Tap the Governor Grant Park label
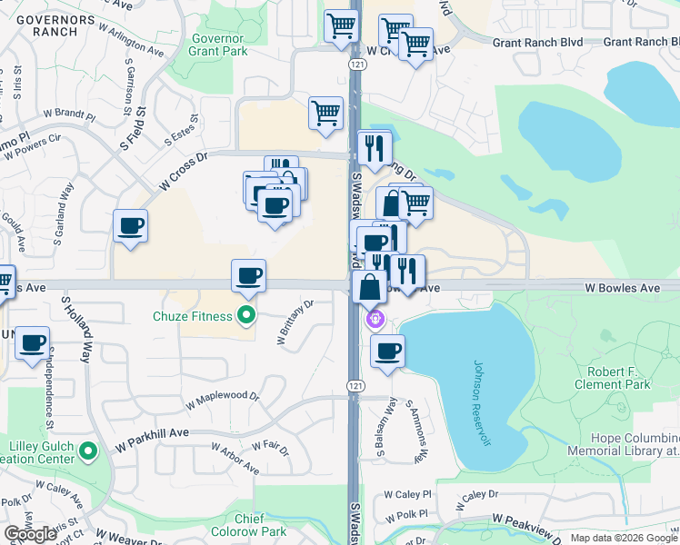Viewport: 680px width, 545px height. tap(218, 45)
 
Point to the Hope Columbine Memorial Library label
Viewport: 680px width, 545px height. tap(623, 444)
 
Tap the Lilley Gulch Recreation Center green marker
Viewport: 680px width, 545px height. tap(88, 450)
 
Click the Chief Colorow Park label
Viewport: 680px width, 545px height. tap(247, 525)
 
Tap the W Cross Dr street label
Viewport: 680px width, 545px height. tap(184, 171)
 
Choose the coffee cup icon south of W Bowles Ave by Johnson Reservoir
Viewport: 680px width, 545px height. tap(388, 351)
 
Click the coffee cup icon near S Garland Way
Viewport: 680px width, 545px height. tap(131, 225)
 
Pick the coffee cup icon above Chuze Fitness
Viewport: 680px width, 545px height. tap(248, 275)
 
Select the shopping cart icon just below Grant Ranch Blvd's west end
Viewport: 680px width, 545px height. tap(416, 43)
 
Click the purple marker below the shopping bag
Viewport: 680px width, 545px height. tap(374, 319)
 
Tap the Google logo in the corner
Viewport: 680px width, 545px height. tap(30, 534)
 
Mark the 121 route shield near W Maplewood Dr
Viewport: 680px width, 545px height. tap(355, 387)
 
